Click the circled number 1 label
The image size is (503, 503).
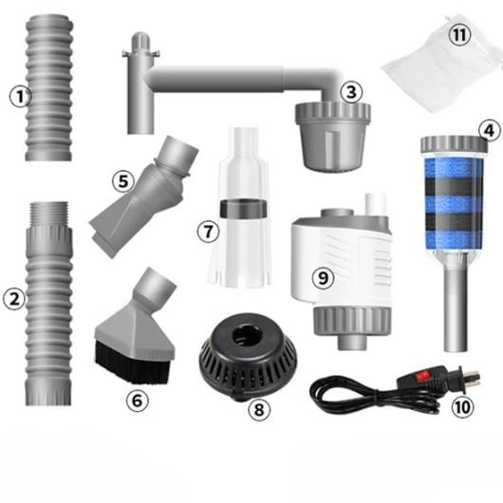pyautogui.click(x=20, y=96)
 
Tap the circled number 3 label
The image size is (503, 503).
pyautogui.click(x=351, y=92)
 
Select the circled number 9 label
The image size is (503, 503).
pyautogui.click(x=323, y=278)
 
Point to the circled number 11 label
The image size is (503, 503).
pyautogui.click(x=459, y=35)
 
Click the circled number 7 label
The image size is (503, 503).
pyautogui.click(x=208, y=232)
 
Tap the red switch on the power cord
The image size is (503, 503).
pyautogui.click(x=420, y=375)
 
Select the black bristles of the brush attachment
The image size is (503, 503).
pyautogui.click(x=132, y=363)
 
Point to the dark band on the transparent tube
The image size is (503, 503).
pyautogui.click(x=244, y=208)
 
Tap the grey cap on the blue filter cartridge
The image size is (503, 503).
pyautogui.click(x=454, y=144)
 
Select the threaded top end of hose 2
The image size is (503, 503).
pyautogui.click(x=48, y=214)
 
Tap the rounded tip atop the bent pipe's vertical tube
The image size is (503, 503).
pyautogui.click(x=141, y=39)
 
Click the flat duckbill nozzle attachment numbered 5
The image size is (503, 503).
pyautogui.click(x=142, y=196)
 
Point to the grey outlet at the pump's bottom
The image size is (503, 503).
pyautogui.click(x=352, y=343)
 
